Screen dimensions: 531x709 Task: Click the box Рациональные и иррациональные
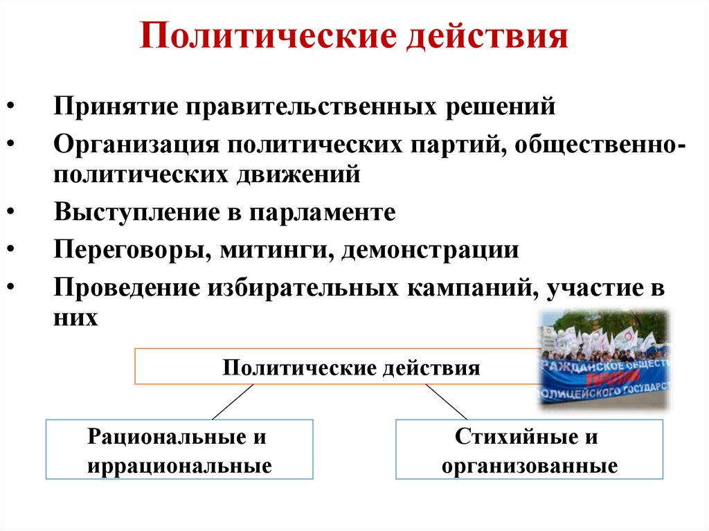pyautogui.click(x=179, y=449)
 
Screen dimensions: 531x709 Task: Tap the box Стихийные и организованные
pyautogui.click(x=529, y=449)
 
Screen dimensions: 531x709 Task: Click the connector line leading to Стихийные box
pyautogui.click(x=446, y=402)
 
